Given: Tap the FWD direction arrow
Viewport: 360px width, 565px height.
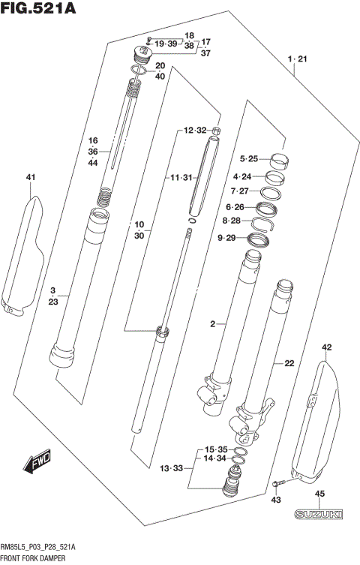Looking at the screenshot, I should tap(37, 463).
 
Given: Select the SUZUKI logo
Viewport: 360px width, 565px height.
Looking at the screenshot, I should tap(318, 515).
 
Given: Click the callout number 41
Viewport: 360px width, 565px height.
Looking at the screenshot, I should tap(31, 177).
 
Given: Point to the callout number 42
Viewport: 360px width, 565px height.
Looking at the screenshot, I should tap(325, 347).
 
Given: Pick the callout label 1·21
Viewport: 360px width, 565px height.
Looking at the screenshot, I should tap(297, 58).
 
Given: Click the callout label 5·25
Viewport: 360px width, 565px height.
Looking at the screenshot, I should tap(248, 159).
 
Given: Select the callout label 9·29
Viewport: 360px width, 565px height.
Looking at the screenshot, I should tap(226, 238).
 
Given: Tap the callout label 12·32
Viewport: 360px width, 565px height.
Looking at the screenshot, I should tap(194, 131).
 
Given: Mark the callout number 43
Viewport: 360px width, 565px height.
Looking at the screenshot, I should tap(276, 500).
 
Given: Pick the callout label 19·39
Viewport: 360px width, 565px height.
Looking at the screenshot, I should tap(166, 45).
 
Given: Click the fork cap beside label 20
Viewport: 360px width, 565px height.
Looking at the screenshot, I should tap(141, 56).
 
